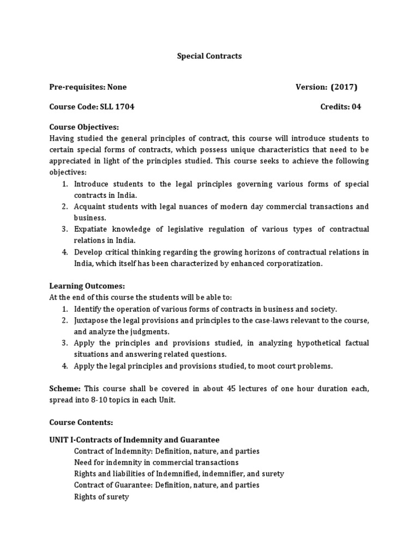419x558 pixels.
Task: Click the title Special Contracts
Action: [x=209, y=56]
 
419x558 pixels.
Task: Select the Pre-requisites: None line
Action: [x=88, y=87]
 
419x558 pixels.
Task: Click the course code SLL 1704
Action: [x=117, y=107]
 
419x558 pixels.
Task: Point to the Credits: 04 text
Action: [x=340, y=107]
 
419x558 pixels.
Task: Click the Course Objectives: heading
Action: [x=84, y=127]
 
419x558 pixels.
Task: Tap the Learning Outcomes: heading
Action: [x=87, y=286]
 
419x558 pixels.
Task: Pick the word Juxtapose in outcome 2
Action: [x=92, y=320]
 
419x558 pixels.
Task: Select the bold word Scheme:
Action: [x=65, y=388]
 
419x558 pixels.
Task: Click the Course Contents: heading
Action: [x=81, y=422]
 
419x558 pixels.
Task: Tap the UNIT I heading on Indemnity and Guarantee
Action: [x=134, y=440]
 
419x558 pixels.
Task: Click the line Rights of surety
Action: [x=101, y=497]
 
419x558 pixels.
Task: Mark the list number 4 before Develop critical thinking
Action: [x=64, y=252]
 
